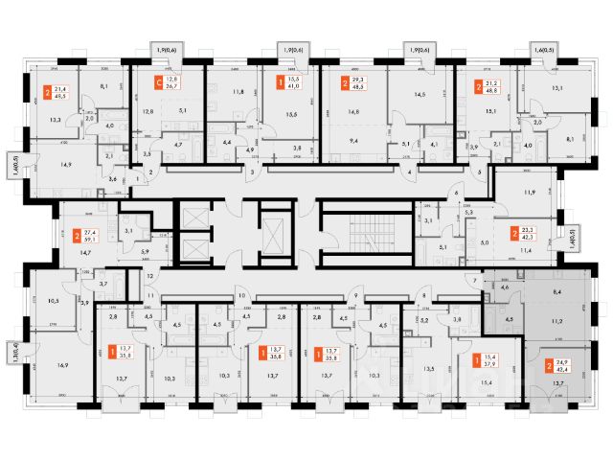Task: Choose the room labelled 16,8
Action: pos(356,111)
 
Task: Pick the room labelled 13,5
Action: pos(429,367)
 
